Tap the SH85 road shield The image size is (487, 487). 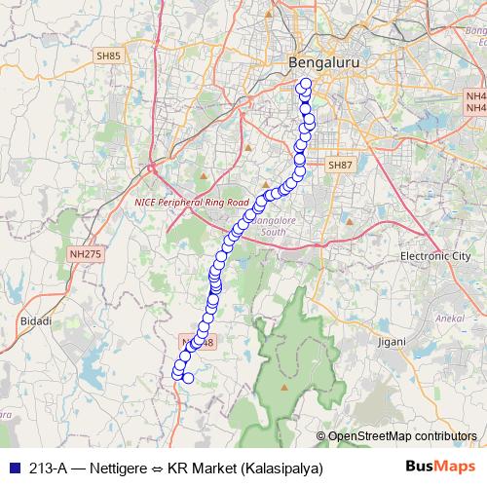tap(108, 56)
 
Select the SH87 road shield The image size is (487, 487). tap(338, 166)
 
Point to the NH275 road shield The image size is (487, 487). tap(85, 254)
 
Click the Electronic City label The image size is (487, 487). tap(435, 256)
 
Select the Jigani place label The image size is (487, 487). tap(392, 343)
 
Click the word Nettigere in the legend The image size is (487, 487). tap(113, 468)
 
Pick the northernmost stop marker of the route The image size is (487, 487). tap(306, 84)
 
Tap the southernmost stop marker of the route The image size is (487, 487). tap(188, 379)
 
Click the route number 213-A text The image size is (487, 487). tap(48, 468)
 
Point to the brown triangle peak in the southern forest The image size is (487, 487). tap(284, 387)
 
